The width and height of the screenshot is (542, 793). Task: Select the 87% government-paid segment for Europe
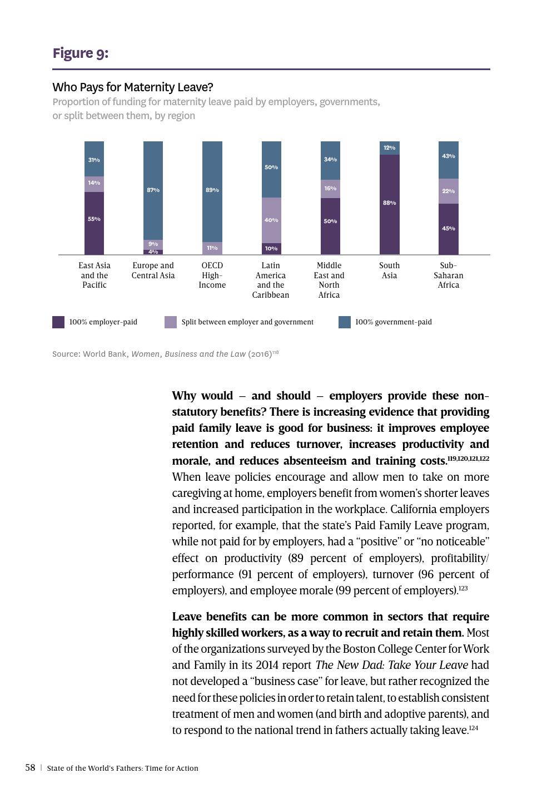point(153,190)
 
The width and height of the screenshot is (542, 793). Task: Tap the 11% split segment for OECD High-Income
point(212,248)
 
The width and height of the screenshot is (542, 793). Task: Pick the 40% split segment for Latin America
point(271,220)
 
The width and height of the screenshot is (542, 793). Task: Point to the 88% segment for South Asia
point(389,204)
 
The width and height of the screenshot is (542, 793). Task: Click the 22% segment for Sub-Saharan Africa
point(448,191)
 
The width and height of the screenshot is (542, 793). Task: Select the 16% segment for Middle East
point(330,189)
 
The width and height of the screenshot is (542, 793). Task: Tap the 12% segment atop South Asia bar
point(389,147)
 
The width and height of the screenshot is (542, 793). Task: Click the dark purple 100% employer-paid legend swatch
point(58,322)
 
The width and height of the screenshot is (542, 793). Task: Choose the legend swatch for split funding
point(171,322)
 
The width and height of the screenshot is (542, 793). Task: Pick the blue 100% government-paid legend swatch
point(345,322)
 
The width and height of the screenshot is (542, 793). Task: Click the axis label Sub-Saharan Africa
point(448,275)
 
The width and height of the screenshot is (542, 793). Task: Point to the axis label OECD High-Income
point(212,275)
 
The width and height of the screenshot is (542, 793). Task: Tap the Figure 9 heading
point(81,53)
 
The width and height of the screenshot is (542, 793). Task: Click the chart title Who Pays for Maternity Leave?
point(133,87)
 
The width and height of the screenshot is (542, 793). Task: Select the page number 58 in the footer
point(30,768)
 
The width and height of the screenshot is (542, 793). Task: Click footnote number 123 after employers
point(463,588)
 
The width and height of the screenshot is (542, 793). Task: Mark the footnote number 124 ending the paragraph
point(473,728)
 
